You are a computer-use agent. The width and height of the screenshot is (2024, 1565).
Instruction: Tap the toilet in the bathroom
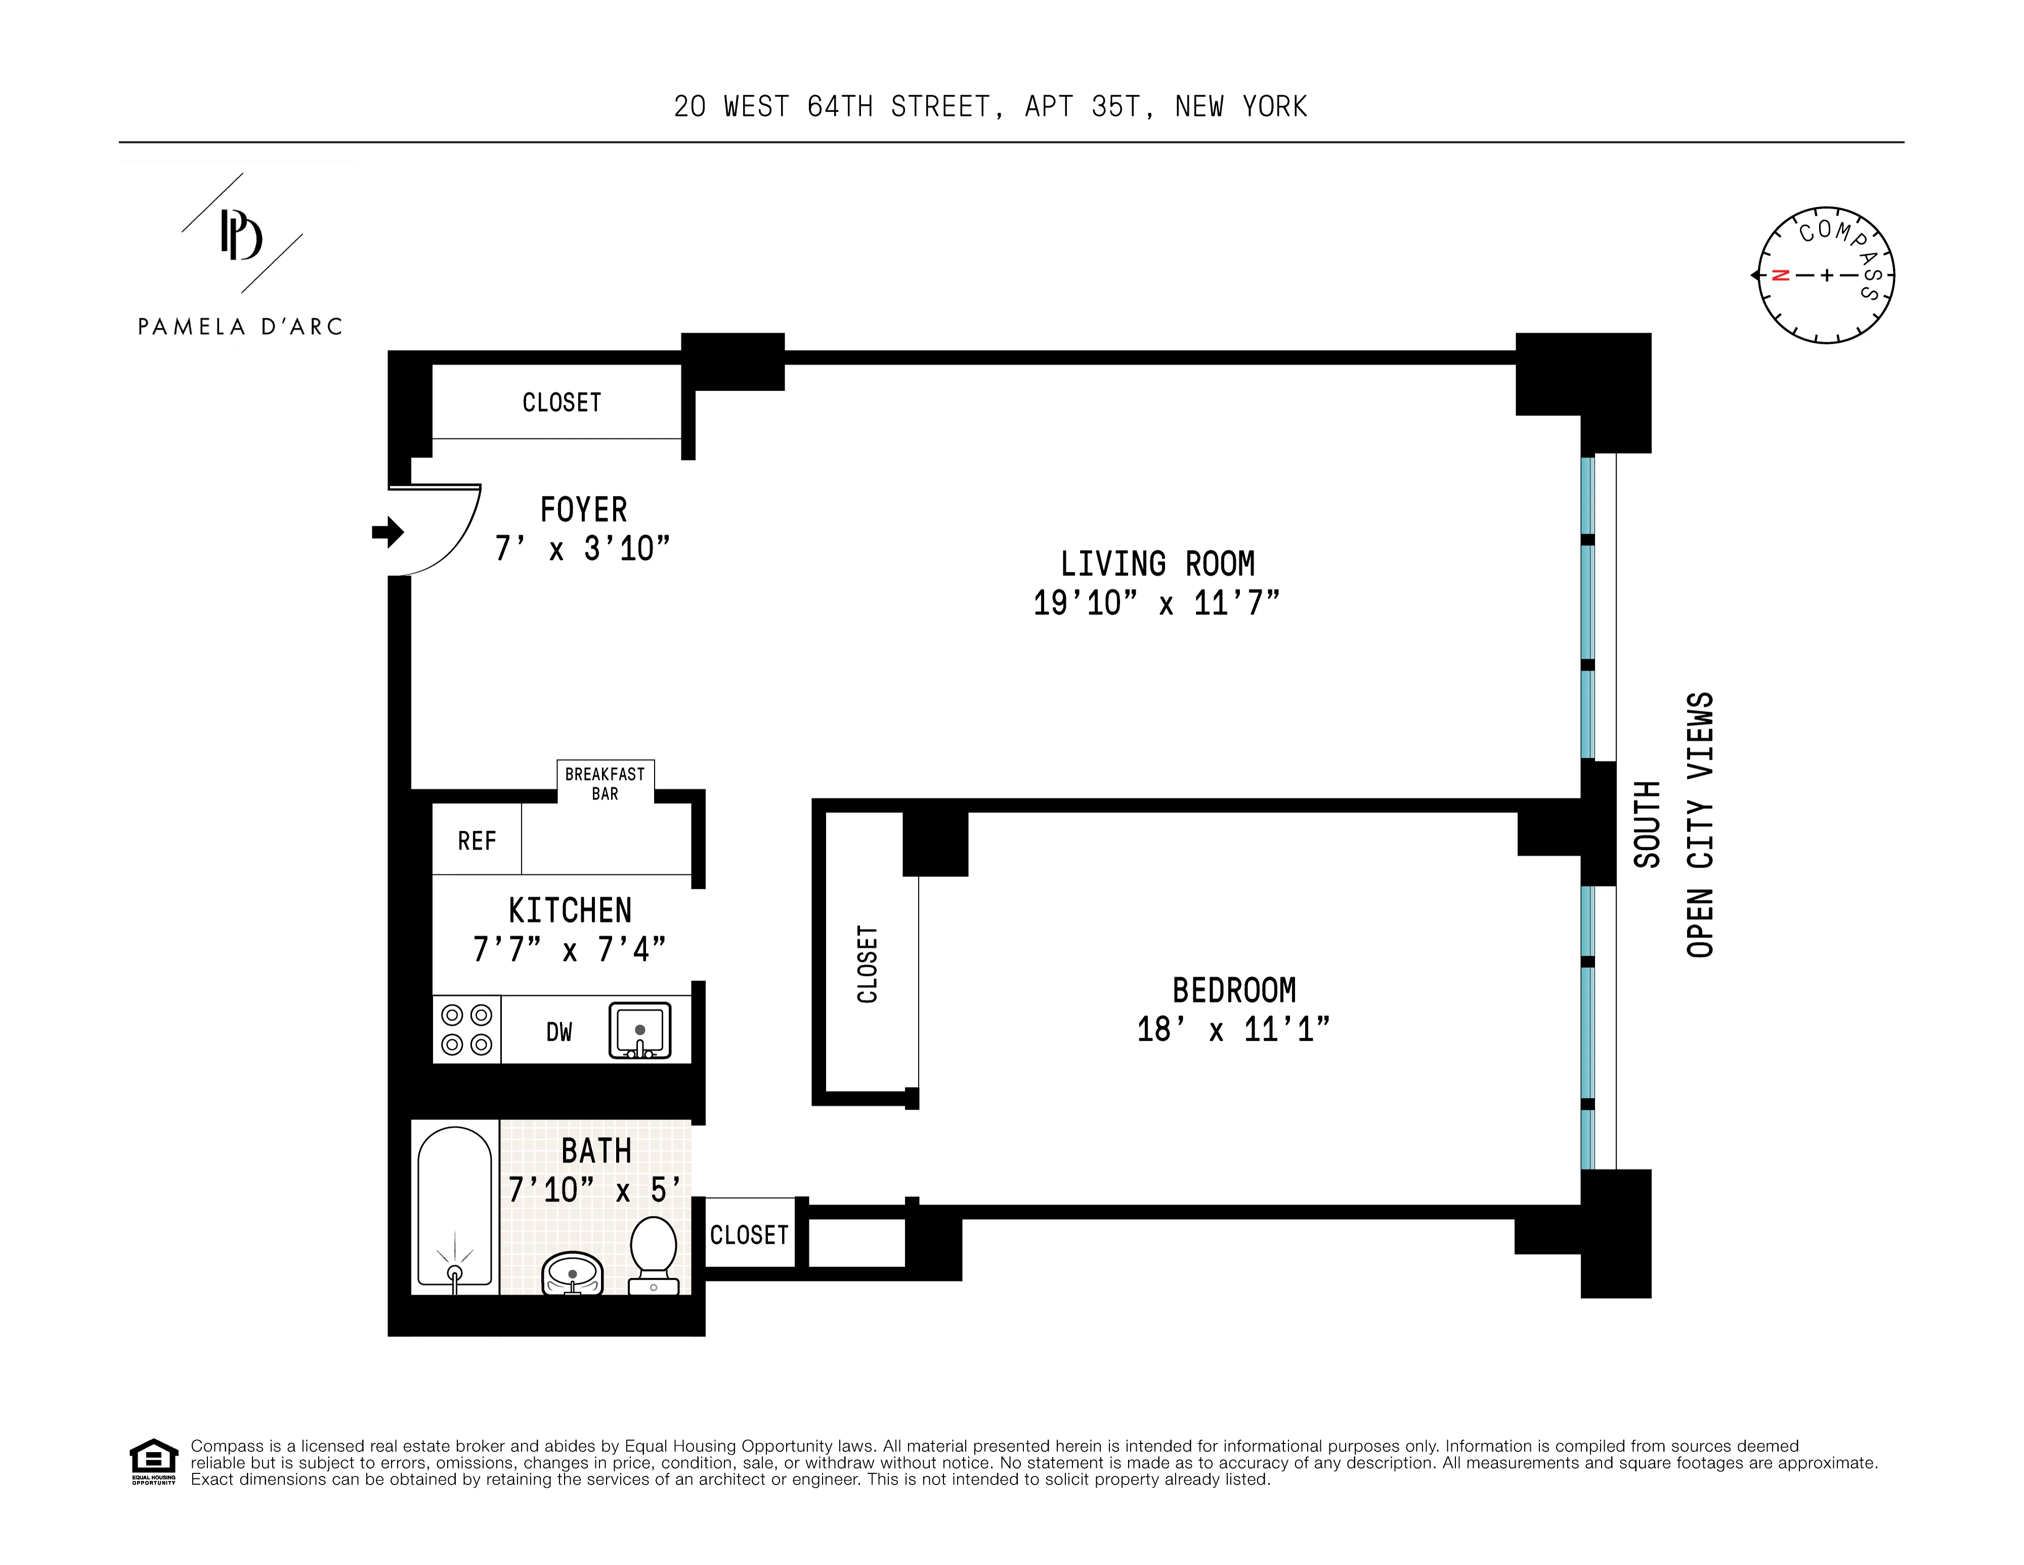[654, 1254]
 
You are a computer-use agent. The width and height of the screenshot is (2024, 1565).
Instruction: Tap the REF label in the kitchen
[477, 841]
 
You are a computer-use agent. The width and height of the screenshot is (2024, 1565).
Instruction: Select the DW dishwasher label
[559, 1032]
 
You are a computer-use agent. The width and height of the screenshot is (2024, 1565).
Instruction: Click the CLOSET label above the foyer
[562, 402]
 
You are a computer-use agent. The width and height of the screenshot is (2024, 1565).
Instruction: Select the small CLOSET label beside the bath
[749, 1235]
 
